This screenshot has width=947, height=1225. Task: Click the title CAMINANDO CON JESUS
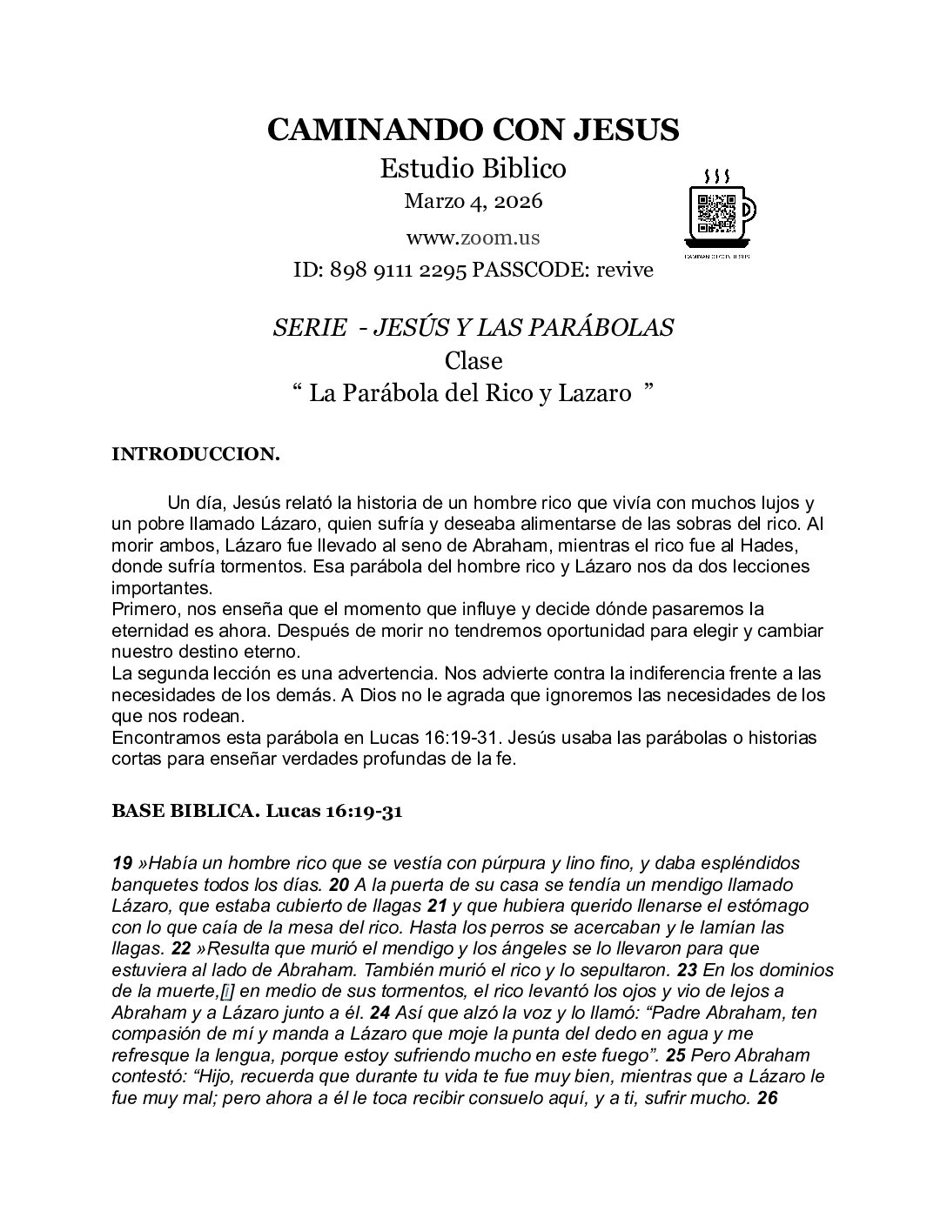473,130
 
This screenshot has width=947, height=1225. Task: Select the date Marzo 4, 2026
473,201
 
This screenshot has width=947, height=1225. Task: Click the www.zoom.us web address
473,237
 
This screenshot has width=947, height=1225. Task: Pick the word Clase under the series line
473,360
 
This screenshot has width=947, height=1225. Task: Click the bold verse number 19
122,864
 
